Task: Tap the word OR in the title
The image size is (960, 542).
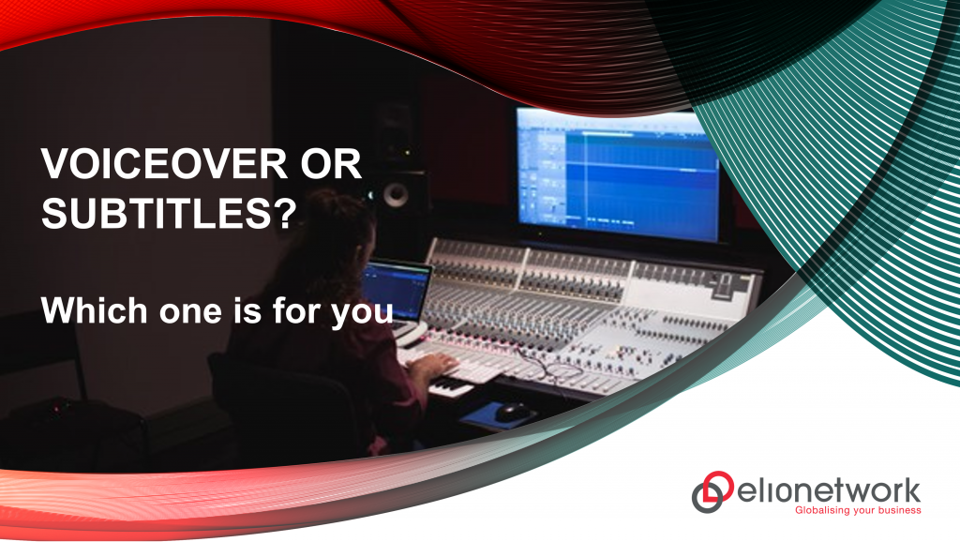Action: [x=329, y=166]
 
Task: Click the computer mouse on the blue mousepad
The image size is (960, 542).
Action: [x=512, y=410]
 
